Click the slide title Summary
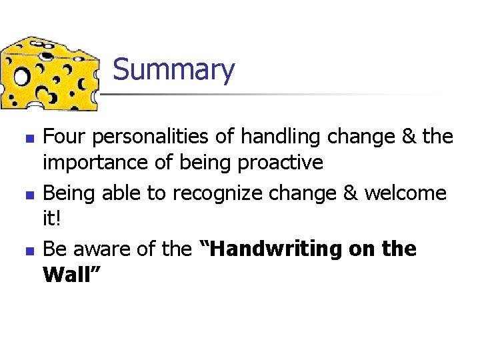tap(173, 70)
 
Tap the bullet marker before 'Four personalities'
tap(28, 138)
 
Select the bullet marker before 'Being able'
tap(28, 194)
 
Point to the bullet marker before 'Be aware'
tap(28, 250)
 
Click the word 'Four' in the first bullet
tap(64, 137)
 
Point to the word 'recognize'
tap(219, 193)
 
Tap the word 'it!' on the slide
tap(52, 217)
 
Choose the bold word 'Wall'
tap(67, 274)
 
